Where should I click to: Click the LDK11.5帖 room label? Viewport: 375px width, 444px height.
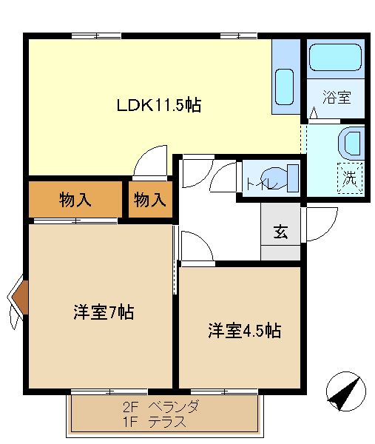point(159,105)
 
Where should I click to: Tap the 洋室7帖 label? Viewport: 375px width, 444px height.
point(104,312)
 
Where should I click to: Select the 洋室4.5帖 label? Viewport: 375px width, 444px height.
point(245,331)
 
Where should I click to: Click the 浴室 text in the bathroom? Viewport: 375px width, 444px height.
point(337,97)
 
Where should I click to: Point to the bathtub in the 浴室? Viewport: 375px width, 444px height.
point(335,58)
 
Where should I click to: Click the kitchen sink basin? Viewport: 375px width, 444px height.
point(285,87)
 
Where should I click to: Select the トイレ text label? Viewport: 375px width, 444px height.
point(262,184)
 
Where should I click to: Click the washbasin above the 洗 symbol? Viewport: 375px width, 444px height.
point(351,144)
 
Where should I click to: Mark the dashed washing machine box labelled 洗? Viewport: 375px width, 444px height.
point(350,178)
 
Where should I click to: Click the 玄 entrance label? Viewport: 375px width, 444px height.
point(281,232)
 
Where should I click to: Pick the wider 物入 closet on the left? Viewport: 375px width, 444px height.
point(75,199)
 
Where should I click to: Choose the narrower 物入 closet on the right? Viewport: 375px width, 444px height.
point(150,199)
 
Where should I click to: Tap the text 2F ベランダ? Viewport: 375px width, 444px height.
point(161,407)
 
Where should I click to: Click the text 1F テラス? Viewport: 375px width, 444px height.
point(155,422)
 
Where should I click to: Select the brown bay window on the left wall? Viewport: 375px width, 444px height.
point(21,297)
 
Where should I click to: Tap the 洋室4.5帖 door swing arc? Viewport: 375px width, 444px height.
point(203,239)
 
